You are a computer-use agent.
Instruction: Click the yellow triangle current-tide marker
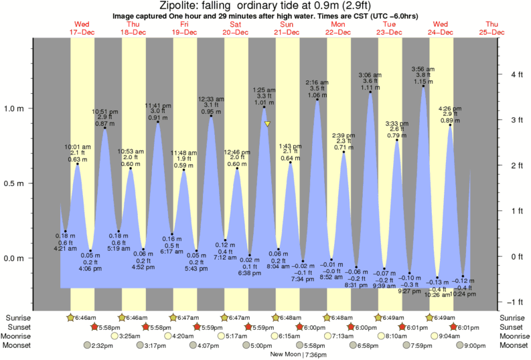point(267,124)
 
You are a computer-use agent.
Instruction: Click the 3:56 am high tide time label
point(423,69)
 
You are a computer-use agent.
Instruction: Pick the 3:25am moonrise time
point(132,336)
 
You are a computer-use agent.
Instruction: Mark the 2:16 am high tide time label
point(317,82)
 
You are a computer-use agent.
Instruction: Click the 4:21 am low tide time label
point(65,249)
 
